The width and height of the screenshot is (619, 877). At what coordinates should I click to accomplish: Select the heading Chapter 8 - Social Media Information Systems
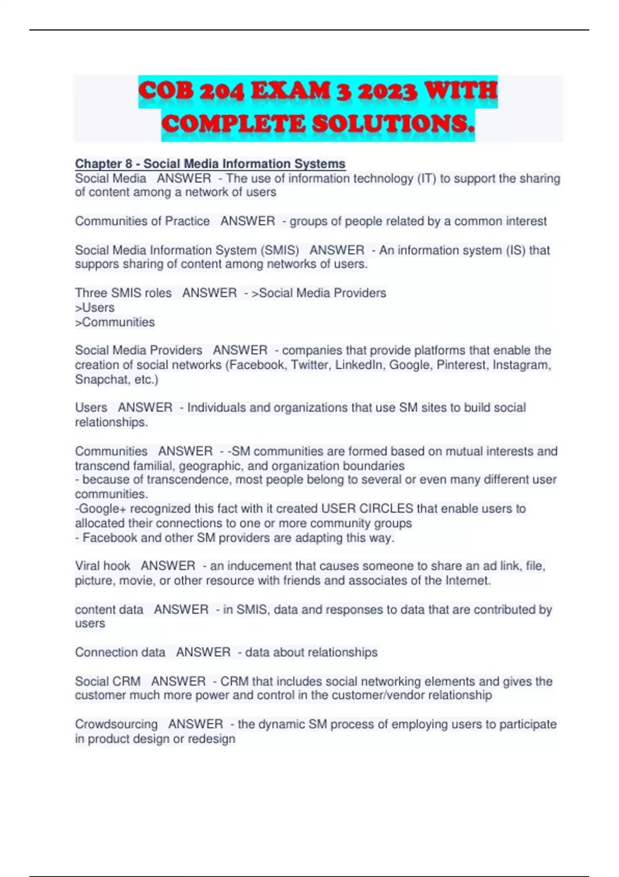coord(210,164)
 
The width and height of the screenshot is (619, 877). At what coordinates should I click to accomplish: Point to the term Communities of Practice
coord(142,221)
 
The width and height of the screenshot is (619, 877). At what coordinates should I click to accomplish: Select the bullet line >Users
coord(95,308)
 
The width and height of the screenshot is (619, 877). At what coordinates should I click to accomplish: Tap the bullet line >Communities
coord(115,322)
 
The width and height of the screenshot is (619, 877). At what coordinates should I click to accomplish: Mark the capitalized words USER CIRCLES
coord(367,509)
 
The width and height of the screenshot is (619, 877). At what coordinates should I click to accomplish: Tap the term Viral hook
coord(103,566)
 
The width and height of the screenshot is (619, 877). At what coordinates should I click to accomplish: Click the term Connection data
coord(120,653)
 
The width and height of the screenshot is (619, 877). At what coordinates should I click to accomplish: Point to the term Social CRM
coord(108,681)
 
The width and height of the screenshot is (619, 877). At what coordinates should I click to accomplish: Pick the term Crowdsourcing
coord(116,724)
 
